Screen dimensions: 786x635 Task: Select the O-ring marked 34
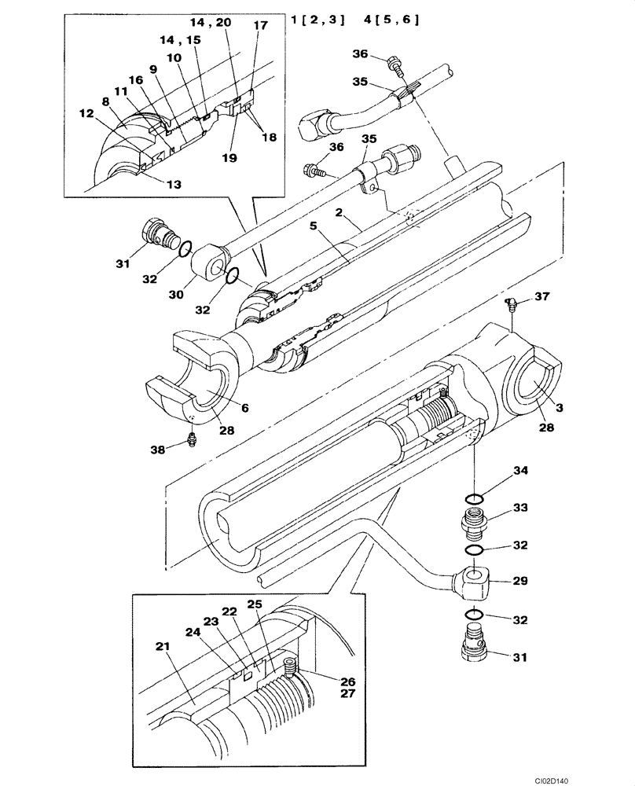pyautogui.click(x=474, y=498)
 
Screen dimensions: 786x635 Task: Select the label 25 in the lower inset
pyautogui.click(x=254, y=604)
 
